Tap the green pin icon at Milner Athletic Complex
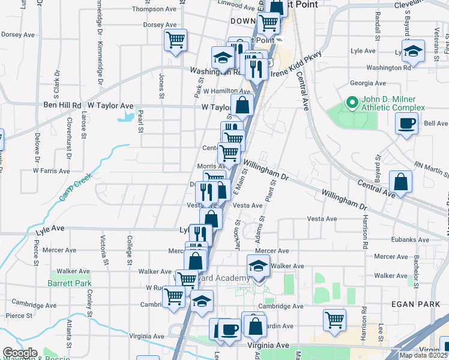[351, 104]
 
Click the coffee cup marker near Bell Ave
[406, 125]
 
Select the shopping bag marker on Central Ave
[400, 182]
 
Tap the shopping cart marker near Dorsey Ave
[175, 41]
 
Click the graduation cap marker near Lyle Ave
[413, 51]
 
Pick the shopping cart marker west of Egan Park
[334, 319]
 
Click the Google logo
[19, 353]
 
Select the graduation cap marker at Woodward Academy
[258, 265]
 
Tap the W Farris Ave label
[51, 171]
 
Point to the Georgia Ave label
[368, 83]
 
